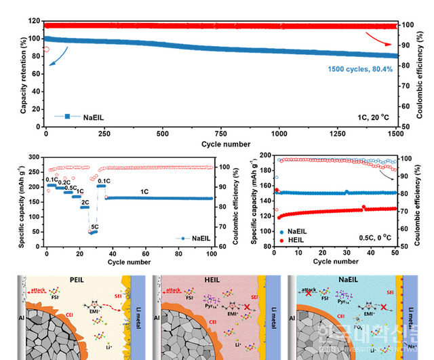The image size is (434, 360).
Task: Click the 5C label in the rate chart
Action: (x=94, y=227)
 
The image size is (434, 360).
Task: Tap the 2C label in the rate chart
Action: (x=85, y=202)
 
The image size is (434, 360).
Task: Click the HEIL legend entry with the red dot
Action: (x=292, y=240)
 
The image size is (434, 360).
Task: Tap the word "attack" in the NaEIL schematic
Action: (x=309, y=288)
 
